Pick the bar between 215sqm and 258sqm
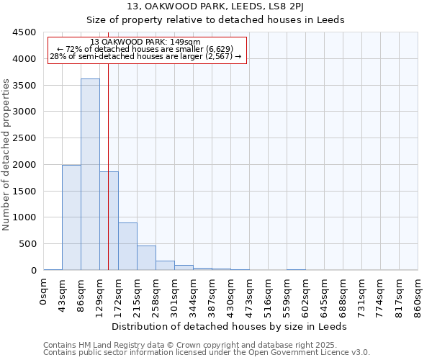[x=146, y=258]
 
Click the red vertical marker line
[x=108, y=144]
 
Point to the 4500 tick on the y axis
[x=26, y=32]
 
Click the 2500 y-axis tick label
[x=26, y=138]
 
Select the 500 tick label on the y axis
[x=29, y=244]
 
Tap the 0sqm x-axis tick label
[x=44, y=292]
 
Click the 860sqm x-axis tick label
[x=418, y=295]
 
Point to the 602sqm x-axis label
[x=306, y=295]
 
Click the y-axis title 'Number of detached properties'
[x=6, y=155]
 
